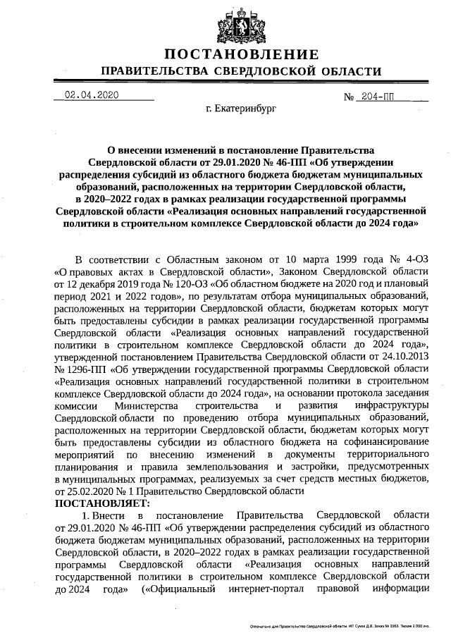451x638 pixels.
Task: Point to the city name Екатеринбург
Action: click(242, 109)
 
